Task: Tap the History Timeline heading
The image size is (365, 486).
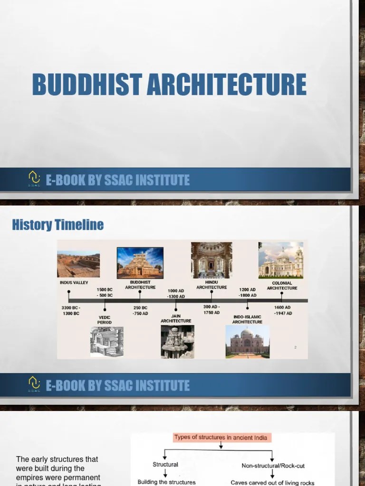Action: [58, 224]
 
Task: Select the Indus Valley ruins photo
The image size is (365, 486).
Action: [78, 264]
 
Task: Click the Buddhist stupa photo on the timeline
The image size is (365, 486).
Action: [140, 262]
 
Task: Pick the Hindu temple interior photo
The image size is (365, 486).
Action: [211, 260]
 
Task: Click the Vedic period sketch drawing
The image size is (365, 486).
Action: [107, 341]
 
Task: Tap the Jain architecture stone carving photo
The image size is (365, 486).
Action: [177, 341]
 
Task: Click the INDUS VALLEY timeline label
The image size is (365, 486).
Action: [74, 282]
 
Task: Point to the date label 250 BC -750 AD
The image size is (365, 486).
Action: [140, 310]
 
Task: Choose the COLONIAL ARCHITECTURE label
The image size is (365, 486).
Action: [282, 286]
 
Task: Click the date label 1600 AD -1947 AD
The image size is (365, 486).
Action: [283, 310]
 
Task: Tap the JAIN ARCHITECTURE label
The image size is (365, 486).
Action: [176, 318]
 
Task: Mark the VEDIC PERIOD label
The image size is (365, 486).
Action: [105, 320]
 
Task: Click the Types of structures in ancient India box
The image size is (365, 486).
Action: [221, 438]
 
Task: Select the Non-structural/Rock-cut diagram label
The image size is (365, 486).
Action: [272, 466]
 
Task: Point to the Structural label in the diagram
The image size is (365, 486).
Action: [165, 464]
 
